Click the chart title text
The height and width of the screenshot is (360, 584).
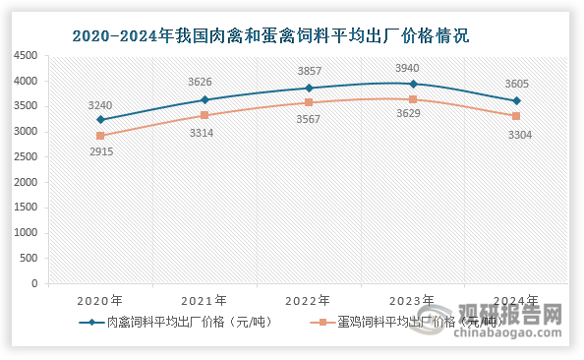271,36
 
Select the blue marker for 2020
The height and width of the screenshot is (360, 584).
100,120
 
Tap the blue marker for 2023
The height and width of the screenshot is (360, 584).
413,84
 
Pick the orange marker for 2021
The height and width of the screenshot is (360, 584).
204,115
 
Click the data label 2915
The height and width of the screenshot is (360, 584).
100,152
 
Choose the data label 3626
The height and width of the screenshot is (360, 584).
204,83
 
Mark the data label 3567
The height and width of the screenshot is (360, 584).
309,119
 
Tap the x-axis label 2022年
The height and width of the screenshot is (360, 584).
309,301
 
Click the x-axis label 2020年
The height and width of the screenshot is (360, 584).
100,301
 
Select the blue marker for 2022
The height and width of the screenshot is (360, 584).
309,88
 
